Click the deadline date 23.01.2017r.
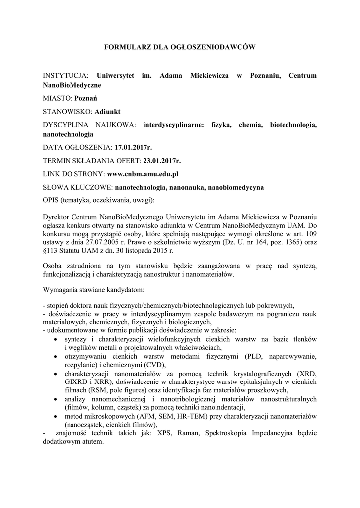[x=162, y=161]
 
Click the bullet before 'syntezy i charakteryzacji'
[x=54, y=339]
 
